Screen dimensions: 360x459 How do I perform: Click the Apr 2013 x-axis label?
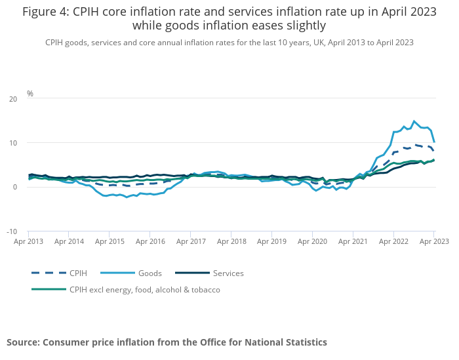[x=29, y=241]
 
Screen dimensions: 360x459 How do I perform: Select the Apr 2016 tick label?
[x=150, y=241]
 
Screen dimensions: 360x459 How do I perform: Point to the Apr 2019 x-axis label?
[x=271, y=241]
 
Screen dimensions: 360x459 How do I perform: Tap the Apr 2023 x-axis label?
[x=433, y=241]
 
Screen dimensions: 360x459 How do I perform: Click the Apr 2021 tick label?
[x=353, y=241]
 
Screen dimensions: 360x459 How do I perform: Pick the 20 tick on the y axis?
[x=13, y=99]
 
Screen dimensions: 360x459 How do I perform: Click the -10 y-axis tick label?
[x=12, y=231]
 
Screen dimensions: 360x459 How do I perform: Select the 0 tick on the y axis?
[x=15, y=188]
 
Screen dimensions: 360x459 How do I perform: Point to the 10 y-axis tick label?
[x=13, y=143]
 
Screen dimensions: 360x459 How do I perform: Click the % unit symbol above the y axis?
[x=30, y=94]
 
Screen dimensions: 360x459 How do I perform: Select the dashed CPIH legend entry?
[x=78, y=273]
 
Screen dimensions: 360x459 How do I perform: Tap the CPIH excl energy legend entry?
[x=144, y=289]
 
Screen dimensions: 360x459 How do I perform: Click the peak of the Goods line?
[x=414, y=121]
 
